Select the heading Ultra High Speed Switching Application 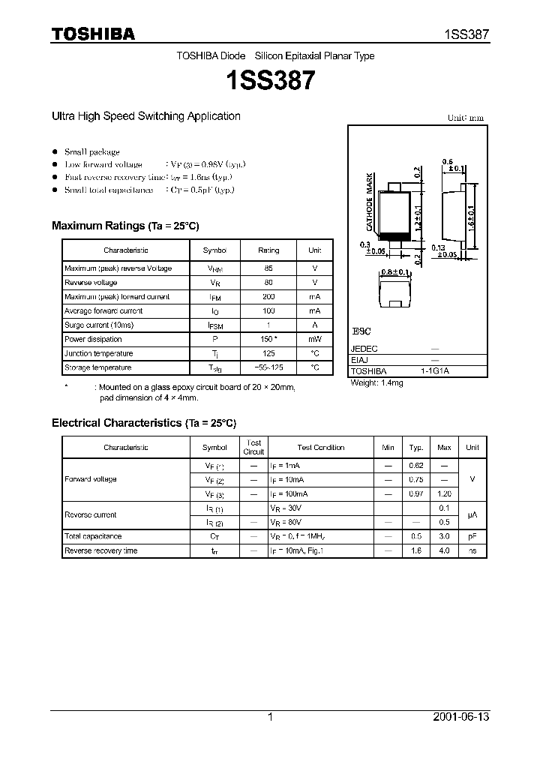[x=145, y=116]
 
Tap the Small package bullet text [x=91, y=151]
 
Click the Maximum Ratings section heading [x=125, y=226]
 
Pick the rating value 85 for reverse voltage [x=268, y=268]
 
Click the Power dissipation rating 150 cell [x=268, y=339]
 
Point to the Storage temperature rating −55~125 [x=268, y=367]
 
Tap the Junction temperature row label [x=98, y=353]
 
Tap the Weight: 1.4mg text [x=376, y=382]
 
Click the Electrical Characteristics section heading [x=143, y=423]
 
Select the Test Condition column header [x=320, y=448]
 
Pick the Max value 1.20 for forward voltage [x=444, y=493]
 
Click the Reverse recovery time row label [x=100, y=550]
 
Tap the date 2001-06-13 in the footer [x=460, y=717]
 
